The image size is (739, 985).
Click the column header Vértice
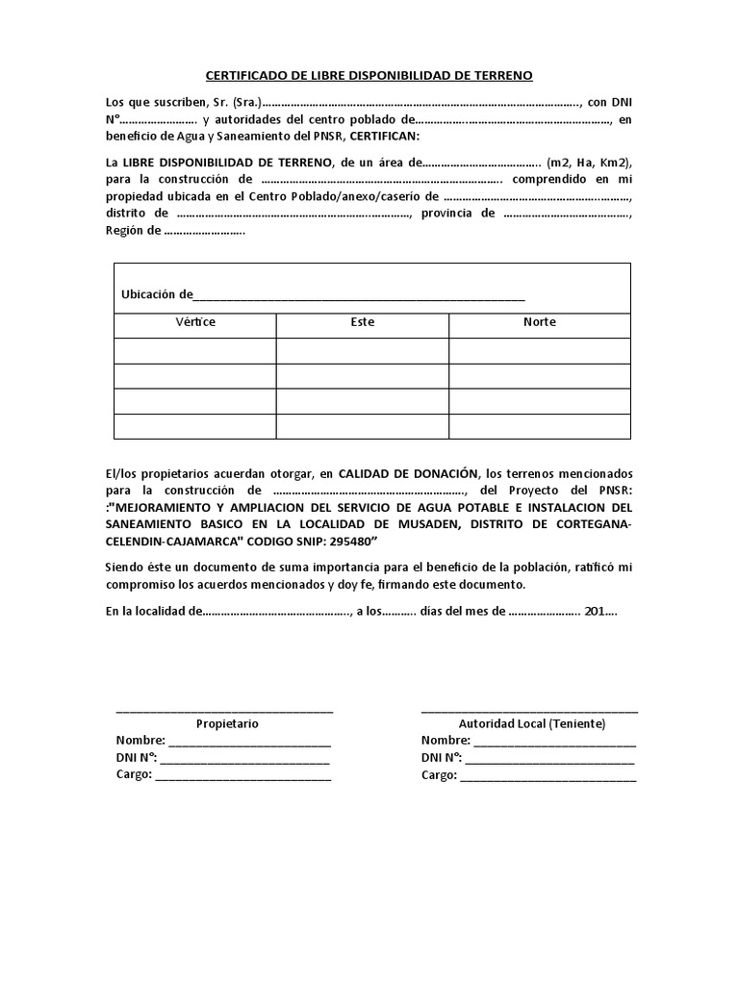(195, 322)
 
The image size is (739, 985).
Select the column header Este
(363, 322)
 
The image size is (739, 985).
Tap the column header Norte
(539, 322)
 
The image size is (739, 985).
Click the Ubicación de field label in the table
(157, 293)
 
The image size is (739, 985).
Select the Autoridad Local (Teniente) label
(532, 723)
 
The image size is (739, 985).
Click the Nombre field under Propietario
(250, 741)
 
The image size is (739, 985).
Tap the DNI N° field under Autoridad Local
(549, 758)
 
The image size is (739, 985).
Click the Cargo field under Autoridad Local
(548, 775)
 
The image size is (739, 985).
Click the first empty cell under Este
(363, 351)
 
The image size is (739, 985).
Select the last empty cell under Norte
(539, 426)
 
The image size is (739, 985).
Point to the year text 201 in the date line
(595, 611)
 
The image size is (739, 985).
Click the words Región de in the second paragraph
(134, 232)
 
